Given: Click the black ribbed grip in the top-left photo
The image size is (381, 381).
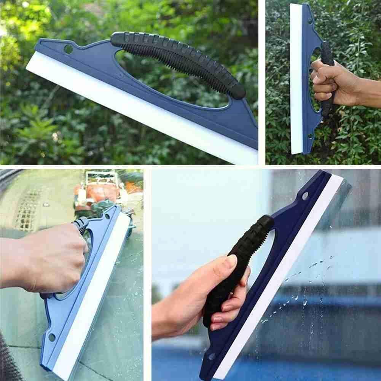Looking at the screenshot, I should [179, 61].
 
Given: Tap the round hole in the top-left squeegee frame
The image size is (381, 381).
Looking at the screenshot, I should [68, 49].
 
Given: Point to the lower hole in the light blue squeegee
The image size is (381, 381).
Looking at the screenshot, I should [51, 337].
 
